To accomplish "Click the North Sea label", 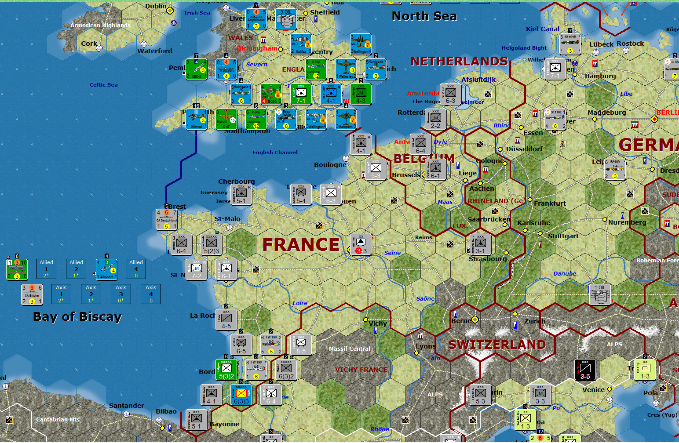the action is coord(424,16).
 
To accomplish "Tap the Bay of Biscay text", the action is coord(77,317).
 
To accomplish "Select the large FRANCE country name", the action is coord(301,244).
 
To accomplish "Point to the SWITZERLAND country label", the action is coord(497,345).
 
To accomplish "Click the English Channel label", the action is coord(275,153).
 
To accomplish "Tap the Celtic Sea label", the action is coord(103,85).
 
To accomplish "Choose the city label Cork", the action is coord(89,44).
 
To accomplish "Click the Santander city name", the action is coord(126,406).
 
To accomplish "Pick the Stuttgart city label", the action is coord(563,236).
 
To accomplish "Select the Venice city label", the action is coord(593,390).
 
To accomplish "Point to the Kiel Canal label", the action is coord(543,29).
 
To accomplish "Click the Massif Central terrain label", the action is coord(350,349).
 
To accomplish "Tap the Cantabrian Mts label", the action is coord(58,420).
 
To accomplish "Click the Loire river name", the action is coord(300,303).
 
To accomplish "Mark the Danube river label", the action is coord(565,274).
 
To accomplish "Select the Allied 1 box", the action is coord(46,269).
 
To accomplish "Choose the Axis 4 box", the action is coord(151,294).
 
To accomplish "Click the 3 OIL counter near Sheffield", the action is coord(286,19).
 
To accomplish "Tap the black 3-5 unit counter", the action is coord(585,370).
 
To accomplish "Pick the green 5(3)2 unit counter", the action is coord(226,370).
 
